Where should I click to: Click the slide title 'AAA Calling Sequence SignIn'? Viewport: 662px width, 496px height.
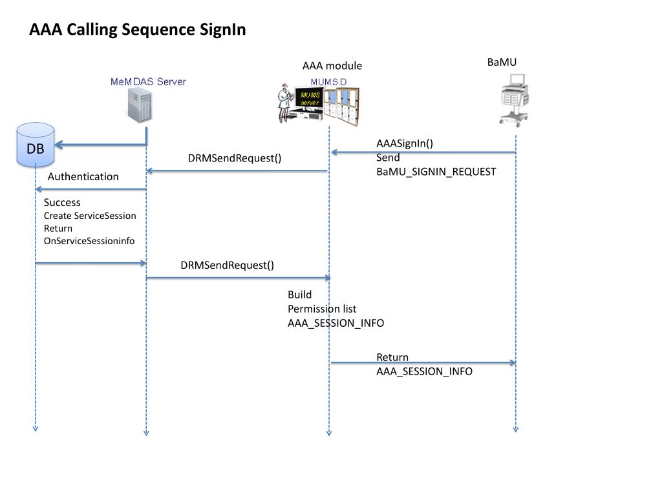coord(138,30)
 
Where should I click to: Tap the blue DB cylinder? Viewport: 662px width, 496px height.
coord(36,145)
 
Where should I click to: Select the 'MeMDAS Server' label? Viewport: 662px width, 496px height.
coord(148,81)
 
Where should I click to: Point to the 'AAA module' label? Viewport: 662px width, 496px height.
coord(332,66)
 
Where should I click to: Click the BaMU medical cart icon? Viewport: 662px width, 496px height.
coord(515,100)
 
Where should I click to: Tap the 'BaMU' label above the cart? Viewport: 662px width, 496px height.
coord(502,63)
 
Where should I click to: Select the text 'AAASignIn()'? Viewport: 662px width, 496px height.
coord(405,143)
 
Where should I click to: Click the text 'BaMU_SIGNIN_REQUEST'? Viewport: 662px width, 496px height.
coord(436,172)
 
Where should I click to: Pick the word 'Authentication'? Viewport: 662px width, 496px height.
coord(83,176)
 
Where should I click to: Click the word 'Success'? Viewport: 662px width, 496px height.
coord(62,202)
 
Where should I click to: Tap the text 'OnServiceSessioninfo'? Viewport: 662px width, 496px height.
coord(89,241)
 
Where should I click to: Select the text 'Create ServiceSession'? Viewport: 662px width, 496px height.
coord(90,216)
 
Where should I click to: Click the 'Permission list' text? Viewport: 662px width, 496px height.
coord(322,309)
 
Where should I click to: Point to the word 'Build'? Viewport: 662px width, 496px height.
coord(299,294)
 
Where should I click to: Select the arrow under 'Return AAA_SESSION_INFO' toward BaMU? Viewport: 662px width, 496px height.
coord(423,363)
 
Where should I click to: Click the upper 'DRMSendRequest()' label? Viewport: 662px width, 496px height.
coord(235,158)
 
